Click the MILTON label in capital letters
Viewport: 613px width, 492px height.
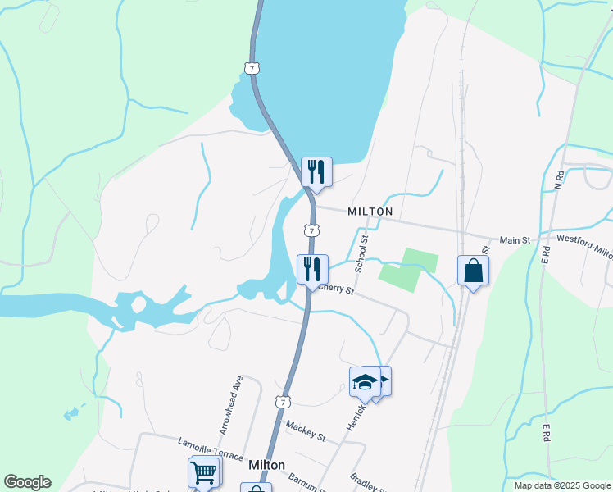(370, 212)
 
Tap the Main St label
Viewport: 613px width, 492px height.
(515, 240)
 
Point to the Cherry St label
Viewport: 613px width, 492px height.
(336, 289)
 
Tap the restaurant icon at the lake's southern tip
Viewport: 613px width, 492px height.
(316, 171)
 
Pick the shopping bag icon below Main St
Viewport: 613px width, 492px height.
(473, 270)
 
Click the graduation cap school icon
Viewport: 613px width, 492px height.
(366, 382)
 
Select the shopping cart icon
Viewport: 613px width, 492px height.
(203, 471)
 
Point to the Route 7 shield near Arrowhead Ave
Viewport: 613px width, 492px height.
(282, 402)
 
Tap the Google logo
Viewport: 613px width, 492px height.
(27, 482)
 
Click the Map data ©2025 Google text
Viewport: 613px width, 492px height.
(561, 485)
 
